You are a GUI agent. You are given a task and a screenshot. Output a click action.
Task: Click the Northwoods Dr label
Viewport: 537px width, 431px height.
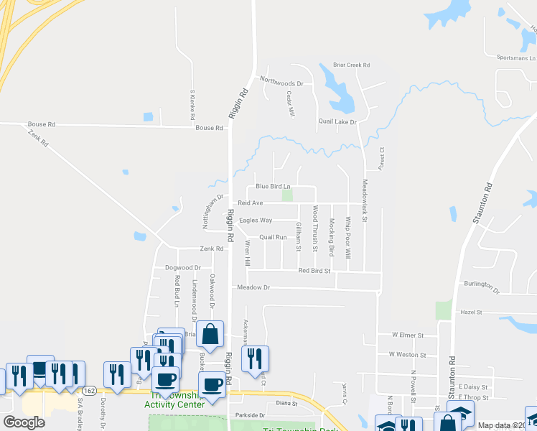282,83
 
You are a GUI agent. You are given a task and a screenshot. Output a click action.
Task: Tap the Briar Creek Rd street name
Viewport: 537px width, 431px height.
352,65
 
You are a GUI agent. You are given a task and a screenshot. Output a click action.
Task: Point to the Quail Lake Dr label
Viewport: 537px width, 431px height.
337,121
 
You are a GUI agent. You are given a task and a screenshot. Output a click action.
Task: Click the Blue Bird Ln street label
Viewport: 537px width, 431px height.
273,187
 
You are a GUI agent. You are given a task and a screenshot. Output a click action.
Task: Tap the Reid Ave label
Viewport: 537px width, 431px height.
251,203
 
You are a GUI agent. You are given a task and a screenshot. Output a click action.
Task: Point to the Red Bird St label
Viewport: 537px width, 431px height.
314,271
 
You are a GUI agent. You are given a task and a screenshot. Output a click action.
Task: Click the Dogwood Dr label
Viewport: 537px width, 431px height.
182,268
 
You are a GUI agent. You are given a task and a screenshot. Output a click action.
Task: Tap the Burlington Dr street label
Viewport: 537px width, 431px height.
481,287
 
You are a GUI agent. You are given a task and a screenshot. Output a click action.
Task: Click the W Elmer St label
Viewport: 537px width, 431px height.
407,335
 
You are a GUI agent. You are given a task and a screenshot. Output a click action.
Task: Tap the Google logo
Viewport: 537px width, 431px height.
24,422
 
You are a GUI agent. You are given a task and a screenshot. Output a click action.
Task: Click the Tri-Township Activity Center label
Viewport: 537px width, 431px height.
174,400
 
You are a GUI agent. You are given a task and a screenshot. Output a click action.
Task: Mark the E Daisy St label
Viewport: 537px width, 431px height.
473,386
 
